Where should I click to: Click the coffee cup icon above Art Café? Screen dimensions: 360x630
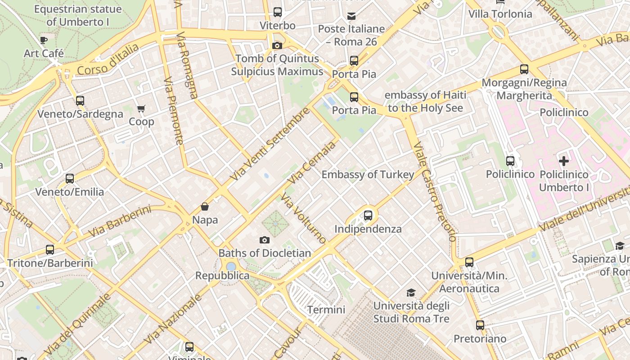(44, 40)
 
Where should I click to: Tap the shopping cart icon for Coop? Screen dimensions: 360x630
(141, 108)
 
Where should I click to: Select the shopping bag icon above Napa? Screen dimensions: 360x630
(205, 207)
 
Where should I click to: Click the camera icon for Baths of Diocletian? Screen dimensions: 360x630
(265, 240)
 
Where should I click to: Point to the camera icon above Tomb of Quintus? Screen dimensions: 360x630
(277, 45)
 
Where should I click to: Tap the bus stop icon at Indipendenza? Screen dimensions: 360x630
(368, 216)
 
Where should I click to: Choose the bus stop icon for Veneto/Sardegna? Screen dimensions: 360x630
(80, 101)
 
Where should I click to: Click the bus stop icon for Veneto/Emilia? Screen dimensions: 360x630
(70, 179)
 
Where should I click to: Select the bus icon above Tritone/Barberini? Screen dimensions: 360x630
(50, 249)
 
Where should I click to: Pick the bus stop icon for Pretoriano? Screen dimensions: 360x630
(480, 325)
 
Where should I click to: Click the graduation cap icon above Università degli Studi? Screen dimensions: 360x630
(411, 293)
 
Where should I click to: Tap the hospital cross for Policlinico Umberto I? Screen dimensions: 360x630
(563, 161)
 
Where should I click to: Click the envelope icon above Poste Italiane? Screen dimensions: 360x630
(351, 16)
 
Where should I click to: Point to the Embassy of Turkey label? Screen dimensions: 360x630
(368, 175)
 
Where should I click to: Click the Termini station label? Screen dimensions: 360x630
(326, 310)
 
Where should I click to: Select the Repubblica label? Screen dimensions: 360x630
(222, 275)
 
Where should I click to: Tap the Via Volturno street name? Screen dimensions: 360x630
(303, 218)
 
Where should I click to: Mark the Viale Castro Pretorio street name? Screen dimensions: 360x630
(435, 191)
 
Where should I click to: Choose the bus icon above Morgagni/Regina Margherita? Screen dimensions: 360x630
(524, 69)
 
